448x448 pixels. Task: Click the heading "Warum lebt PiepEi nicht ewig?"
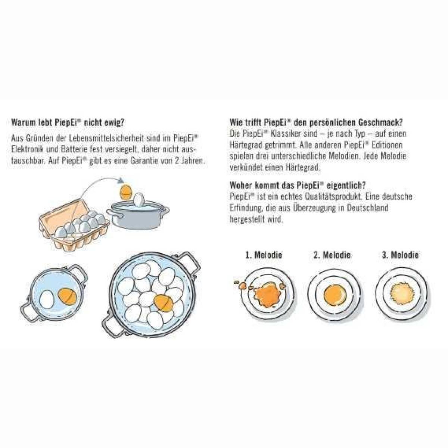click(x=68, y=122)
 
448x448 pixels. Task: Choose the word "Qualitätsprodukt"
click(x=333, y=196)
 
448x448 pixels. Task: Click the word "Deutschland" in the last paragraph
click(x=368, y=208)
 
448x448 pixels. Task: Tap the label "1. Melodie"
click(x=264, y=255)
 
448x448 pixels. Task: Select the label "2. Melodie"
click(x=332, y=255)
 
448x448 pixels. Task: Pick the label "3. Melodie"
click(x=400, y=255)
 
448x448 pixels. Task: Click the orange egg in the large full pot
click(x=164, y=303)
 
